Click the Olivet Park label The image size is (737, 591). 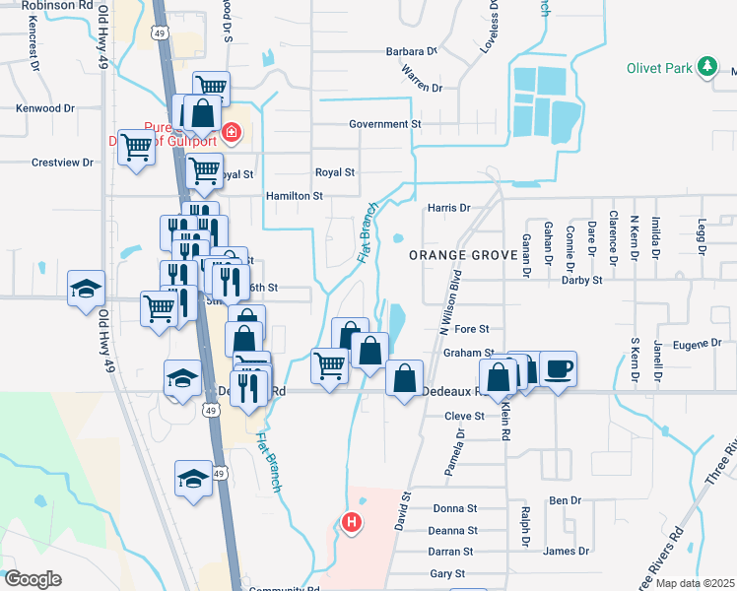660,68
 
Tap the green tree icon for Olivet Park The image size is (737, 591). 706,67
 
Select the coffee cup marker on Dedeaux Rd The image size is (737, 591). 558,369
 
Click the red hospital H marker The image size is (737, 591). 350,522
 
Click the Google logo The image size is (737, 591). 33,579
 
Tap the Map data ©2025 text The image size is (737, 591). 696,583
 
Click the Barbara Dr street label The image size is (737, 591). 411,51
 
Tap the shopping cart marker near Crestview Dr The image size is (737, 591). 136,148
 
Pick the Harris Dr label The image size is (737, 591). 449,208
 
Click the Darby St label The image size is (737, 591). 582,280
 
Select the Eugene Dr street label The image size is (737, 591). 692,345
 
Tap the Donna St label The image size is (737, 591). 456,509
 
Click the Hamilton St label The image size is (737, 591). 294,196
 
